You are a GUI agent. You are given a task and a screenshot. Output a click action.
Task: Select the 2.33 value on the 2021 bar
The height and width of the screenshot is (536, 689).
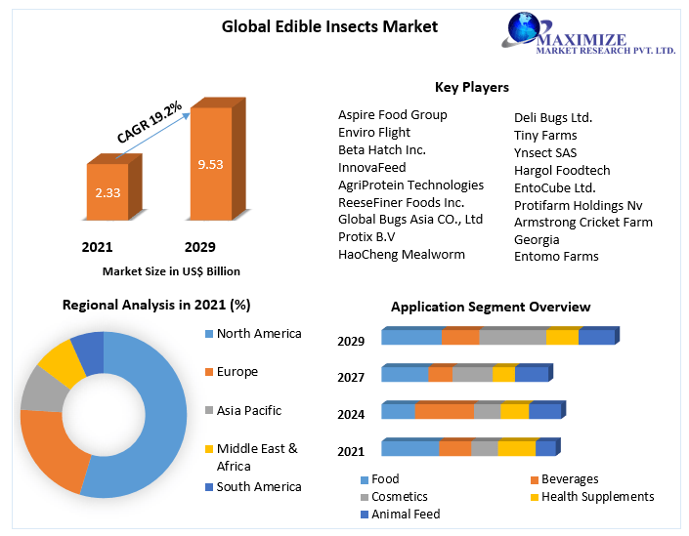[x=108, y=192]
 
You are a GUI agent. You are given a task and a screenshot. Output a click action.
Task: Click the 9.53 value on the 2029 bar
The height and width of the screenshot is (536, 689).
[x=210, y=164]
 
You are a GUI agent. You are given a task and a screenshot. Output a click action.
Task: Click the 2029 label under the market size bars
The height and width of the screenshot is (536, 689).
[x=199, y=247]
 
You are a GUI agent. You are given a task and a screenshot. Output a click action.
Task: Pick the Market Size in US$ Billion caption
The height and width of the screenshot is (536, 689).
[x=171, y=271]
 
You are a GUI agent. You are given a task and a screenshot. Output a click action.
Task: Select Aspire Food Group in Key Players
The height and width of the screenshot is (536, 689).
[x=392, y=115]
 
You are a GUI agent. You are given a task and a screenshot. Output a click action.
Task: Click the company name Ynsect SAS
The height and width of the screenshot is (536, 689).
[x=545, y=153]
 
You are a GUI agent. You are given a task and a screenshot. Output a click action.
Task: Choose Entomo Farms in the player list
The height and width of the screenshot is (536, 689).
[x=556, y=257]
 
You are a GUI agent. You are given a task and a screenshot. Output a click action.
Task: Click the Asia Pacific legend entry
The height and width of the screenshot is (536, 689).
[x=250, y=410]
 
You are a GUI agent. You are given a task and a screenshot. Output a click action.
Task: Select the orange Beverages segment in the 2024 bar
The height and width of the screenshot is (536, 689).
[x=445, y=411]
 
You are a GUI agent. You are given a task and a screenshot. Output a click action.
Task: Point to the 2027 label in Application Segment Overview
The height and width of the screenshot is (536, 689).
[x=351, y=378]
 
